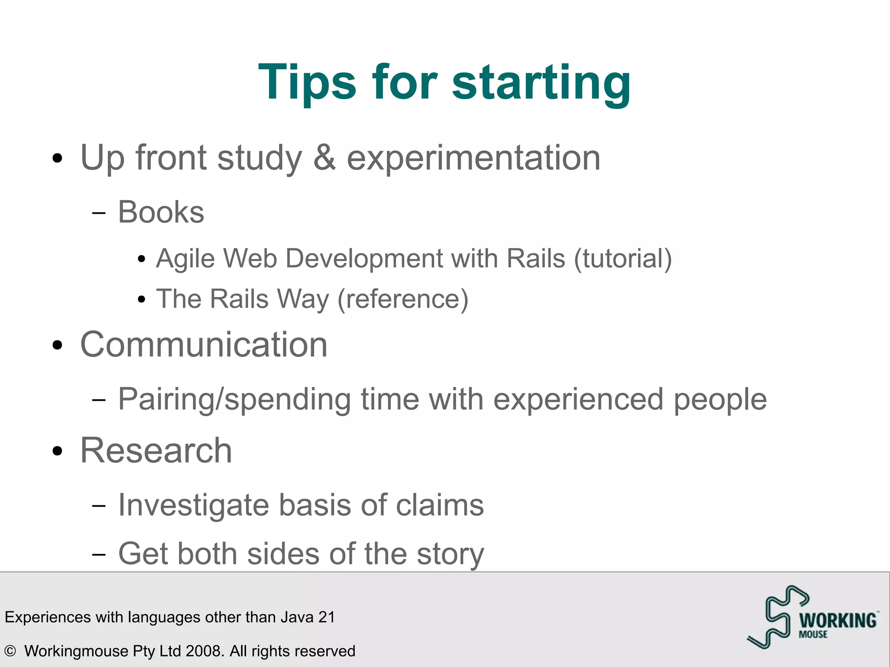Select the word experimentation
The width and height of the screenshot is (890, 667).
[473, 158]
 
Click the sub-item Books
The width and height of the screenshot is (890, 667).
[161, 212]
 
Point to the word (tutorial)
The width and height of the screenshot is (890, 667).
[623, 259]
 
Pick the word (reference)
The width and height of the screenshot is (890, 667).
[403, 299]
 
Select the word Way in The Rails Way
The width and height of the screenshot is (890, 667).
[303, 299]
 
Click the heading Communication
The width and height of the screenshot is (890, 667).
[203, 345]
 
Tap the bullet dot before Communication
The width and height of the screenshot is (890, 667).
[57, 345]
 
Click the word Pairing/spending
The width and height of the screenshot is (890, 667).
[234, 399]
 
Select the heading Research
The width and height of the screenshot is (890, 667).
[156, 451]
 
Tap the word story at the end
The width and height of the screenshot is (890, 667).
[450, 554]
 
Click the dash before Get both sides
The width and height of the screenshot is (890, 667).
[99, 554]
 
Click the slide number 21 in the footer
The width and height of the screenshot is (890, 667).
[326, 617]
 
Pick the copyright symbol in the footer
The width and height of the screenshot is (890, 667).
[10, 651]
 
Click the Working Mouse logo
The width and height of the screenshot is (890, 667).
[812, 617]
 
